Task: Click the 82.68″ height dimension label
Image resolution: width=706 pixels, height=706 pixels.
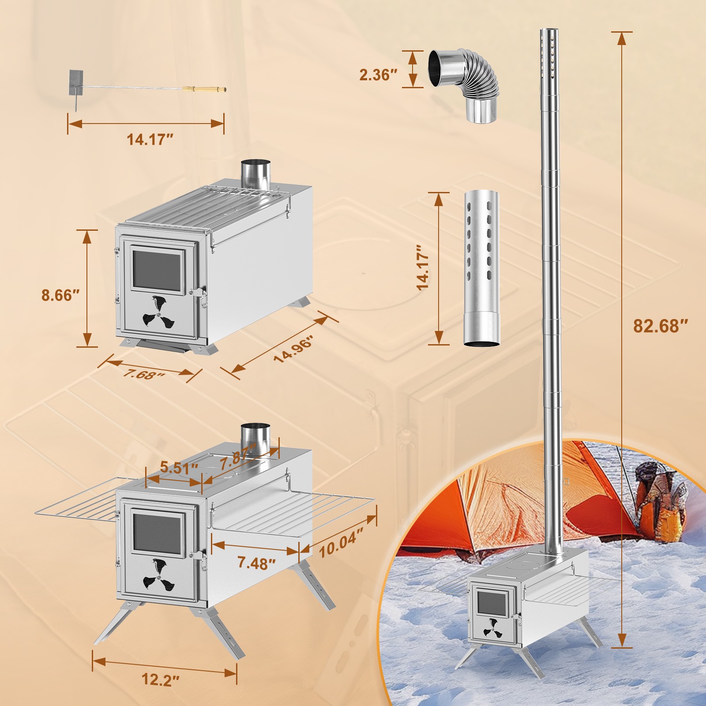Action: click(661, 326)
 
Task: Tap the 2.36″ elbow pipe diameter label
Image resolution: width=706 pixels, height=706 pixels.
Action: click(375, 75)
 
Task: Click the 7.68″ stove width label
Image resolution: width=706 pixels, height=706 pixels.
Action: click(144, 374)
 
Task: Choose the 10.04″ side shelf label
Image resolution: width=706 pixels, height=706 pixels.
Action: click(341, 542)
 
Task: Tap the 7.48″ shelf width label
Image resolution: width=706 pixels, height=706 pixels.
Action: click(256, 563)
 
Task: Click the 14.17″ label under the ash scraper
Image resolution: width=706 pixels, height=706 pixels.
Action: click(150, 140)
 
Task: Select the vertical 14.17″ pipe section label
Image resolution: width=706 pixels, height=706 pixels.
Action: click(423, 268)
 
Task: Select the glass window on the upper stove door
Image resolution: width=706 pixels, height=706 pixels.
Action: click(157, 270)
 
